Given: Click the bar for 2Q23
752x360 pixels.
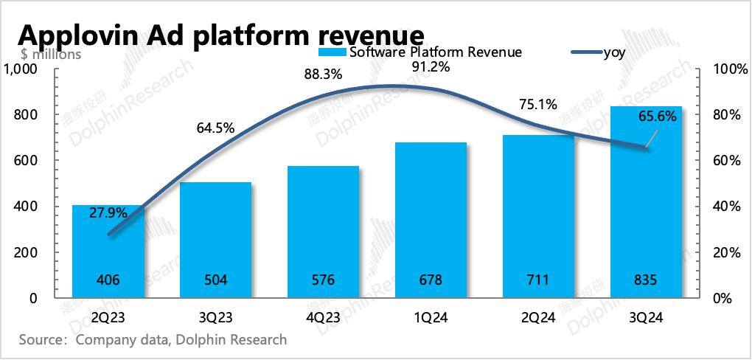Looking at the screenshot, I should point(108,251).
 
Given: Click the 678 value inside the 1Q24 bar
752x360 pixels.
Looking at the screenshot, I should point(431,280).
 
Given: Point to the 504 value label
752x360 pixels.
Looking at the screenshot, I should point(215,280).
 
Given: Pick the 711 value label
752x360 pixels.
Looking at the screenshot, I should point(538,280).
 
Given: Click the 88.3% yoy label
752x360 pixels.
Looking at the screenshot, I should point(323,75).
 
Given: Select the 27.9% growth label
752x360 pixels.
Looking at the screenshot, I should point(108,212).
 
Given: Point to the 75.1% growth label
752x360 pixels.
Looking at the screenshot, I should point(538,105).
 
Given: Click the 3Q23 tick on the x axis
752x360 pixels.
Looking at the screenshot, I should point(215,318).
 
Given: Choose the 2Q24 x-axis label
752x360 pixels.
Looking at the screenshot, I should point(538,318).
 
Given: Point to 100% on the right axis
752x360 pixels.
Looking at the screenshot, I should point(730,69).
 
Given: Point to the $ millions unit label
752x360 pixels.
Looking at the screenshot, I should point(51,53).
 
